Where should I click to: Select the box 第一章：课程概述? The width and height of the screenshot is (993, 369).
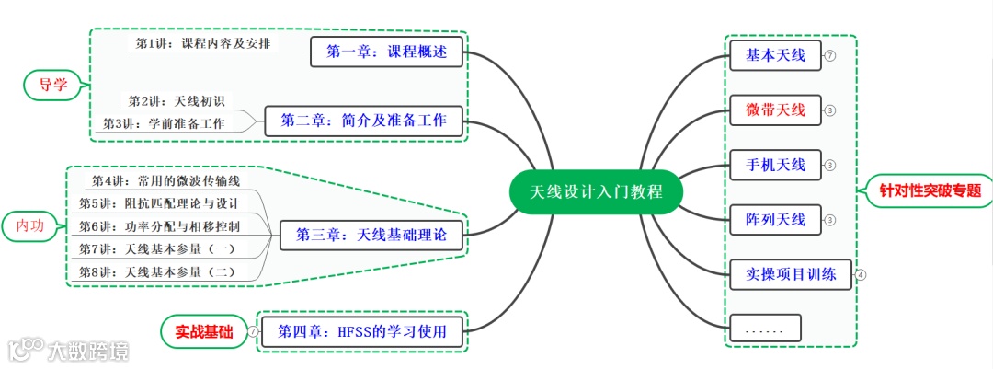(386, 52)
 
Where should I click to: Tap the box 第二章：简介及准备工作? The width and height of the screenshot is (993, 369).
(363, 121)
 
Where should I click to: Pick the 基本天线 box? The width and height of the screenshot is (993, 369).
(775, 56)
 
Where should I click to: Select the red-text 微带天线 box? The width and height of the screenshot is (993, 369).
(775, 110)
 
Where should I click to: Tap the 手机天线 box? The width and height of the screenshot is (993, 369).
(775, 166)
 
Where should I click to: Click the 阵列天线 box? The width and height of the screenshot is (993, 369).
(775, 219)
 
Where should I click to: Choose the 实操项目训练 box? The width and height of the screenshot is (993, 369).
(791, 273)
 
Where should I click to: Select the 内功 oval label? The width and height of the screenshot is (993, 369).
(35, 226)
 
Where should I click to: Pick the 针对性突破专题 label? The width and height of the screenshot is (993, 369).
(930, 191)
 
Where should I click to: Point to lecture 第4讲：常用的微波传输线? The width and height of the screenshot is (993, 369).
(165, 180)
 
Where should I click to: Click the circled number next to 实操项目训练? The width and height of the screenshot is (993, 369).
(861, 273)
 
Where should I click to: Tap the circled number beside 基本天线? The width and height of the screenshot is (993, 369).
(830, 56)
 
